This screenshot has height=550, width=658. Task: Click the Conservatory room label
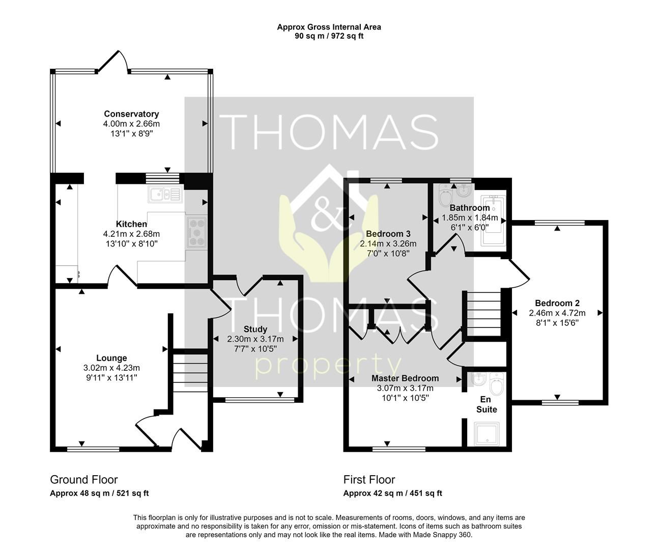[131, 114]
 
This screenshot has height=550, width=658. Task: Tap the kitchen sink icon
[164, 195]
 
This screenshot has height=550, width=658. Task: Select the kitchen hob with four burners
[196, 232]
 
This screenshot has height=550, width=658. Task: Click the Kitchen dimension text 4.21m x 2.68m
[131, 234]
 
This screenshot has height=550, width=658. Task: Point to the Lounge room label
[111, 358]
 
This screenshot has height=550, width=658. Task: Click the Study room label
[255, 329]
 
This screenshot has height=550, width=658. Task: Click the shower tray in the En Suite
[486, 433]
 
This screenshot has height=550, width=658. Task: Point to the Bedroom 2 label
[557, 303]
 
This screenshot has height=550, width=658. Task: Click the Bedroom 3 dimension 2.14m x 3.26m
[388, 243]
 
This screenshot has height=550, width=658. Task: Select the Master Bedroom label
[405, 378]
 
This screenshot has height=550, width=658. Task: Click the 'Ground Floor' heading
[84, 480]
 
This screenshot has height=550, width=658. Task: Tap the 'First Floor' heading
[369, 480]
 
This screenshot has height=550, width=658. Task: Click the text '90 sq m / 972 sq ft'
[329, 36]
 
